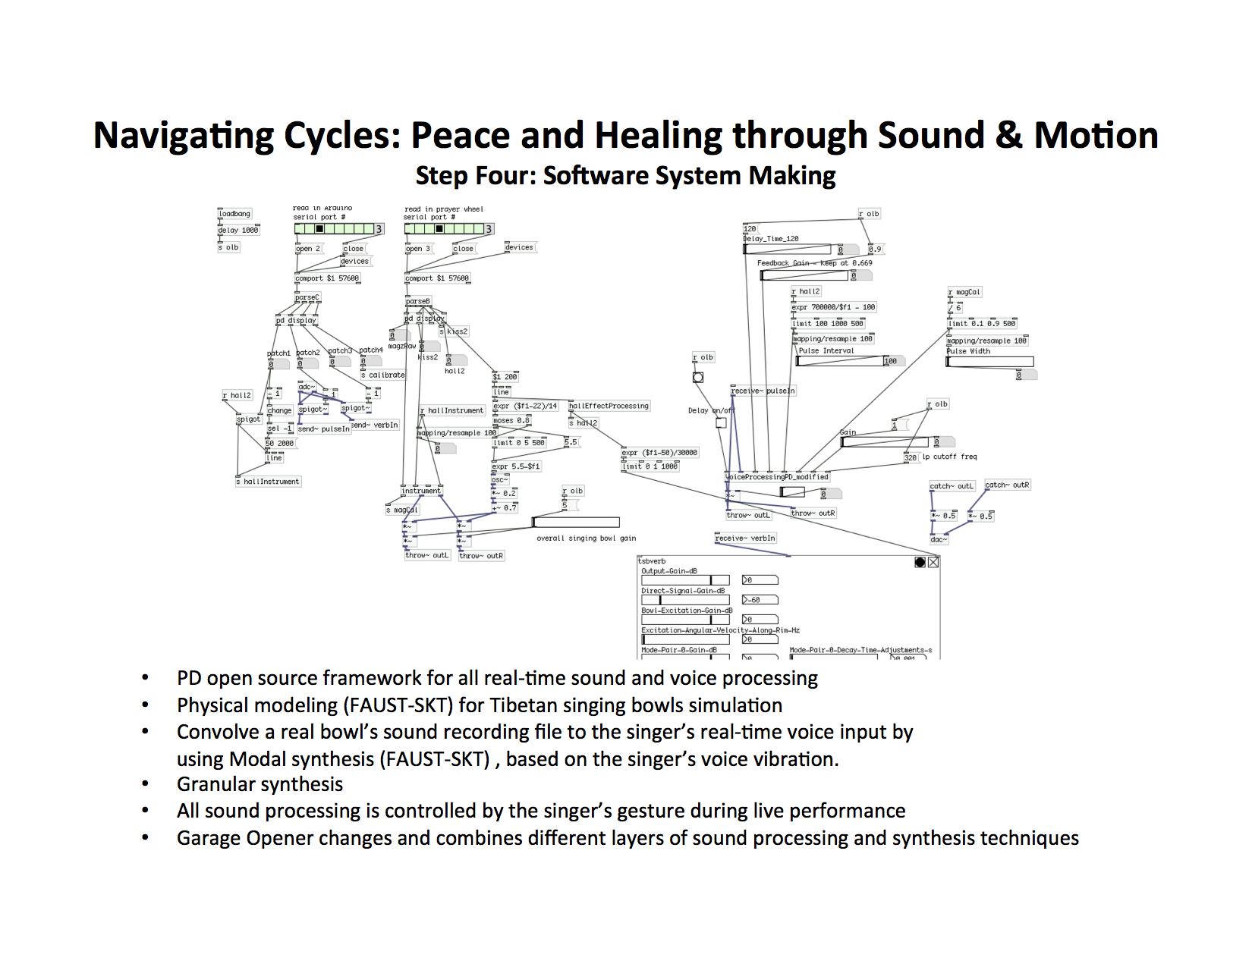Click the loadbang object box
234,214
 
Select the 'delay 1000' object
238,230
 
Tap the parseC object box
307,297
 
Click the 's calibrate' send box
383,375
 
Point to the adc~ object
307,387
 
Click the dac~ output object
939,539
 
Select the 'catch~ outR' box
1007,485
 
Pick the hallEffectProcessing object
609,406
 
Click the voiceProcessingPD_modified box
778,477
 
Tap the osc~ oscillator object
499,479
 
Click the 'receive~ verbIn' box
745,538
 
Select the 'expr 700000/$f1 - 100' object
833,307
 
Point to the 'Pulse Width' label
968,351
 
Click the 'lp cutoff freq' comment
949,457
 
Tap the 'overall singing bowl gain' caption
586,538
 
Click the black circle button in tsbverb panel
920,562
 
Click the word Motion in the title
1096,136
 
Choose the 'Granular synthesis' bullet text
260,784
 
